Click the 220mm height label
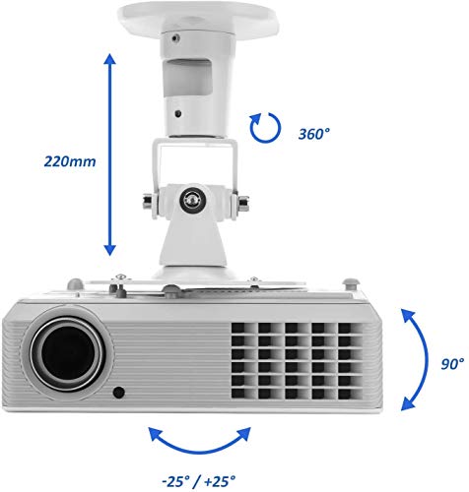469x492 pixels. (70, 161)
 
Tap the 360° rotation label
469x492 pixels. (314, 134)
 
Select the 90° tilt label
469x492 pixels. (452, 363)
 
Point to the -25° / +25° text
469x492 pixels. (199, 481)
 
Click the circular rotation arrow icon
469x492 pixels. (265, 128)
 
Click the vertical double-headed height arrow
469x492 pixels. (110, 154)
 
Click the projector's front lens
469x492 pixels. (68, 352)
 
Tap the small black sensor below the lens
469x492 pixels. (118, 393)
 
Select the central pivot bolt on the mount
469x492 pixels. (193, 199)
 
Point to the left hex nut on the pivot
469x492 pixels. (148, 201)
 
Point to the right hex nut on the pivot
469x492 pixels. (243, 203)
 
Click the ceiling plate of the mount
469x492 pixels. (198, 17)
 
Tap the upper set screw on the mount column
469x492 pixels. (176, 38)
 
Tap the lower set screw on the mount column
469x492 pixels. (178, 114)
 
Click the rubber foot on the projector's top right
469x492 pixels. (350, 283)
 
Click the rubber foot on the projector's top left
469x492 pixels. (75, 283)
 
